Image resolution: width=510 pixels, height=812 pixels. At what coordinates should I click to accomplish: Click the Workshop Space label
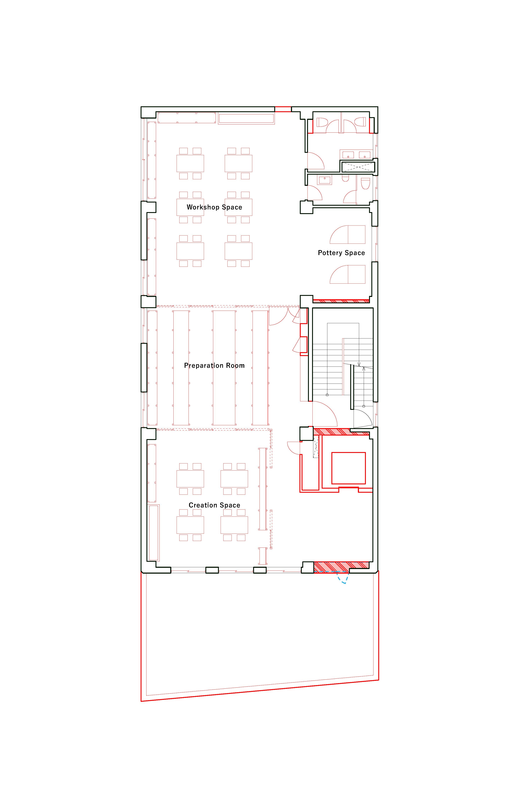[x=214, y=207]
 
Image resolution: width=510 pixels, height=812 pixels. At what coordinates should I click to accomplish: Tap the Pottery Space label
[x=341, y=253]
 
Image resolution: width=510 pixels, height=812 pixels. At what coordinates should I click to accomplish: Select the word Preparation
[x=204, y=366]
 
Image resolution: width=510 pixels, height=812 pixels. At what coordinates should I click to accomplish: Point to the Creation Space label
[x=214, y=505]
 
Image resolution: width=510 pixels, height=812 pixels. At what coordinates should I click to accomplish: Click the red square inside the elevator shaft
[x=348, y=468]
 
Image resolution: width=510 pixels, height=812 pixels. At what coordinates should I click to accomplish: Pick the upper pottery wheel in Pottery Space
[x=347, y=234]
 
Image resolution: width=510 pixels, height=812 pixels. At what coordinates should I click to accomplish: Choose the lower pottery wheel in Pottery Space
[x=347, y=274]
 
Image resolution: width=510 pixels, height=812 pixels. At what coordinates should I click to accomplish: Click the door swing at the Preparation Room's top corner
[x=278, y=316]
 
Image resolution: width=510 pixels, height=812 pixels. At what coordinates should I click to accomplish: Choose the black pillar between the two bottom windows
[x=212, y=570]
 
